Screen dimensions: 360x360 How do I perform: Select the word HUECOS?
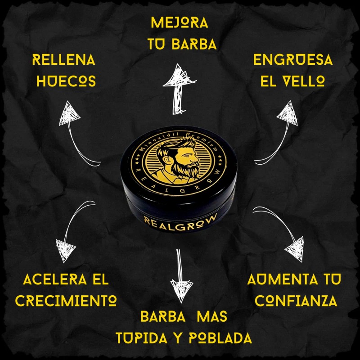click(66, 81)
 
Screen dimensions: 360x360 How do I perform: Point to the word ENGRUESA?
click(293, 60)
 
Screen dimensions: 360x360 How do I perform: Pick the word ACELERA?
click(46, 280)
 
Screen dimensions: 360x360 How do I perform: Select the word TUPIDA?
click(141, 337)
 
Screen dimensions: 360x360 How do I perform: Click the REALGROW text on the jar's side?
click(180, 220)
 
